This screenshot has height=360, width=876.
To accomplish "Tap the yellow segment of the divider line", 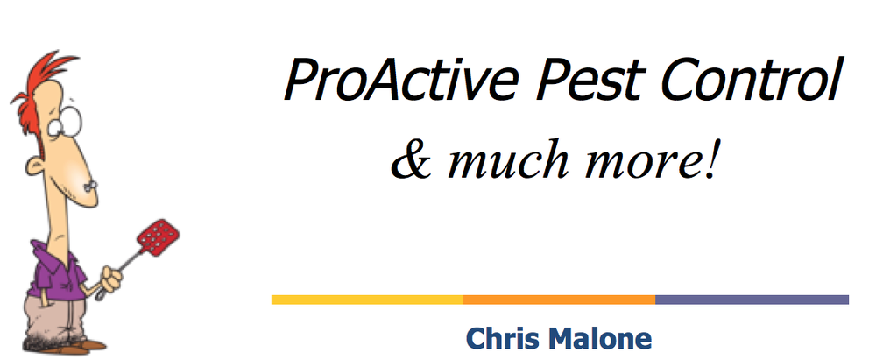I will click(367, 300).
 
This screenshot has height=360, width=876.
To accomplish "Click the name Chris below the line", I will click(500, 338).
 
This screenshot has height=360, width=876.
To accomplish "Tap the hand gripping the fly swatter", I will click(109, 279).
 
